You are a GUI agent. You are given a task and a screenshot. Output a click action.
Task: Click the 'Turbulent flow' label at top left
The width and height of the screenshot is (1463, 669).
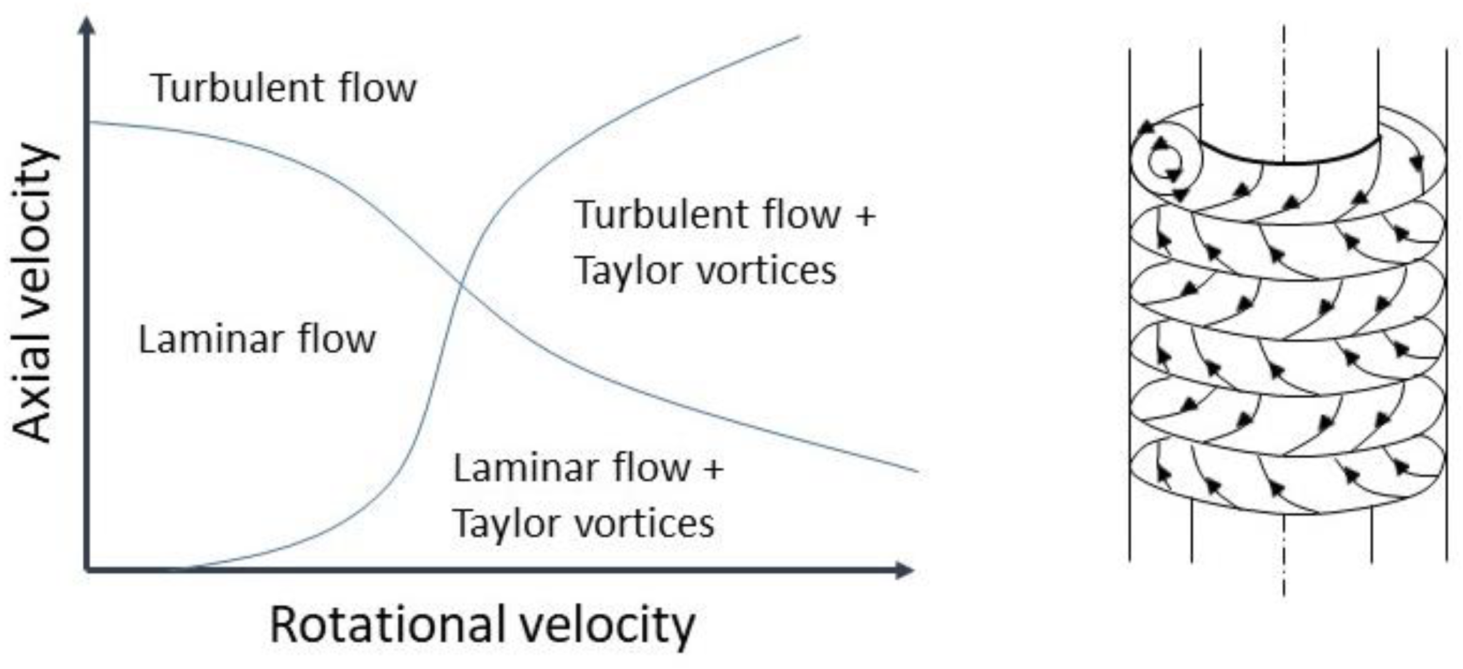(x=283, y=88)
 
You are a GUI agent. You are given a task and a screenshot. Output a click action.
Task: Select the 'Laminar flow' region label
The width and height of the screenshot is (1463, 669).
(x=256, y=340)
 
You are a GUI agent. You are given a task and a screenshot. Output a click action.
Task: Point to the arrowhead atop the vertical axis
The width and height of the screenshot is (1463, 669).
(x=88, y=25)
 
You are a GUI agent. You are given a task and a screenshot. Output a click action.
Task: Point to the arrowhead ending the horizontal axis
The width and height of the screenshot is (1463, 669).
(x=906, y=570)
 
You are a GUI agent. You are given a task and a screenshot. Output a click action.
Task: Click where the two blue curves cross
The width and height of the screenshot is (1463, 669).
(x=462, y=285)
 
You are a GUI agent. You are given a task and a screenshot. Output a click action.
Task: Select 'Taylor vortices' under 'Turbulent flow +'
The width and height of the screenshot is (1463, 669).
(x=705, y=271)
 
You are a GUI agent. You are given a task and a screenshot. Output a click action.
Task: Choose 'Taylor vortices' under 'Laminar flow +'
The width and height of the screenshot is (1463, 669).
(x=583, y=523)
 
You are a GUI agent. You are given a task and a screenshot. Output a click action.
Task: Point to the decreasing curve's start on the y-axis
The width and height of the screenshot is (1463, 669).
(x=91, y=123)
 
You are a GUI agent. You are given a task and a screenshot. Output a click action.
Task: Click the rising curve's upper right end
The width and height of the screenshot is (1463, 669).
(x=799, y=37)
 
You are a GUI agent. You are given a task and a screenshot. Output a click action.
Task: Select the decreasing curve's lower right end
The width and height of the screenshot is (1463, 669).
(x=916, y=471)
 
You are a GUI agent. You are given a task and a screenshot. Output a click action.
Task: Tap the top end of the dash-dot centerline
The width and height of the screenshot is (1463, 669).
(x=1283, y=28)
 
